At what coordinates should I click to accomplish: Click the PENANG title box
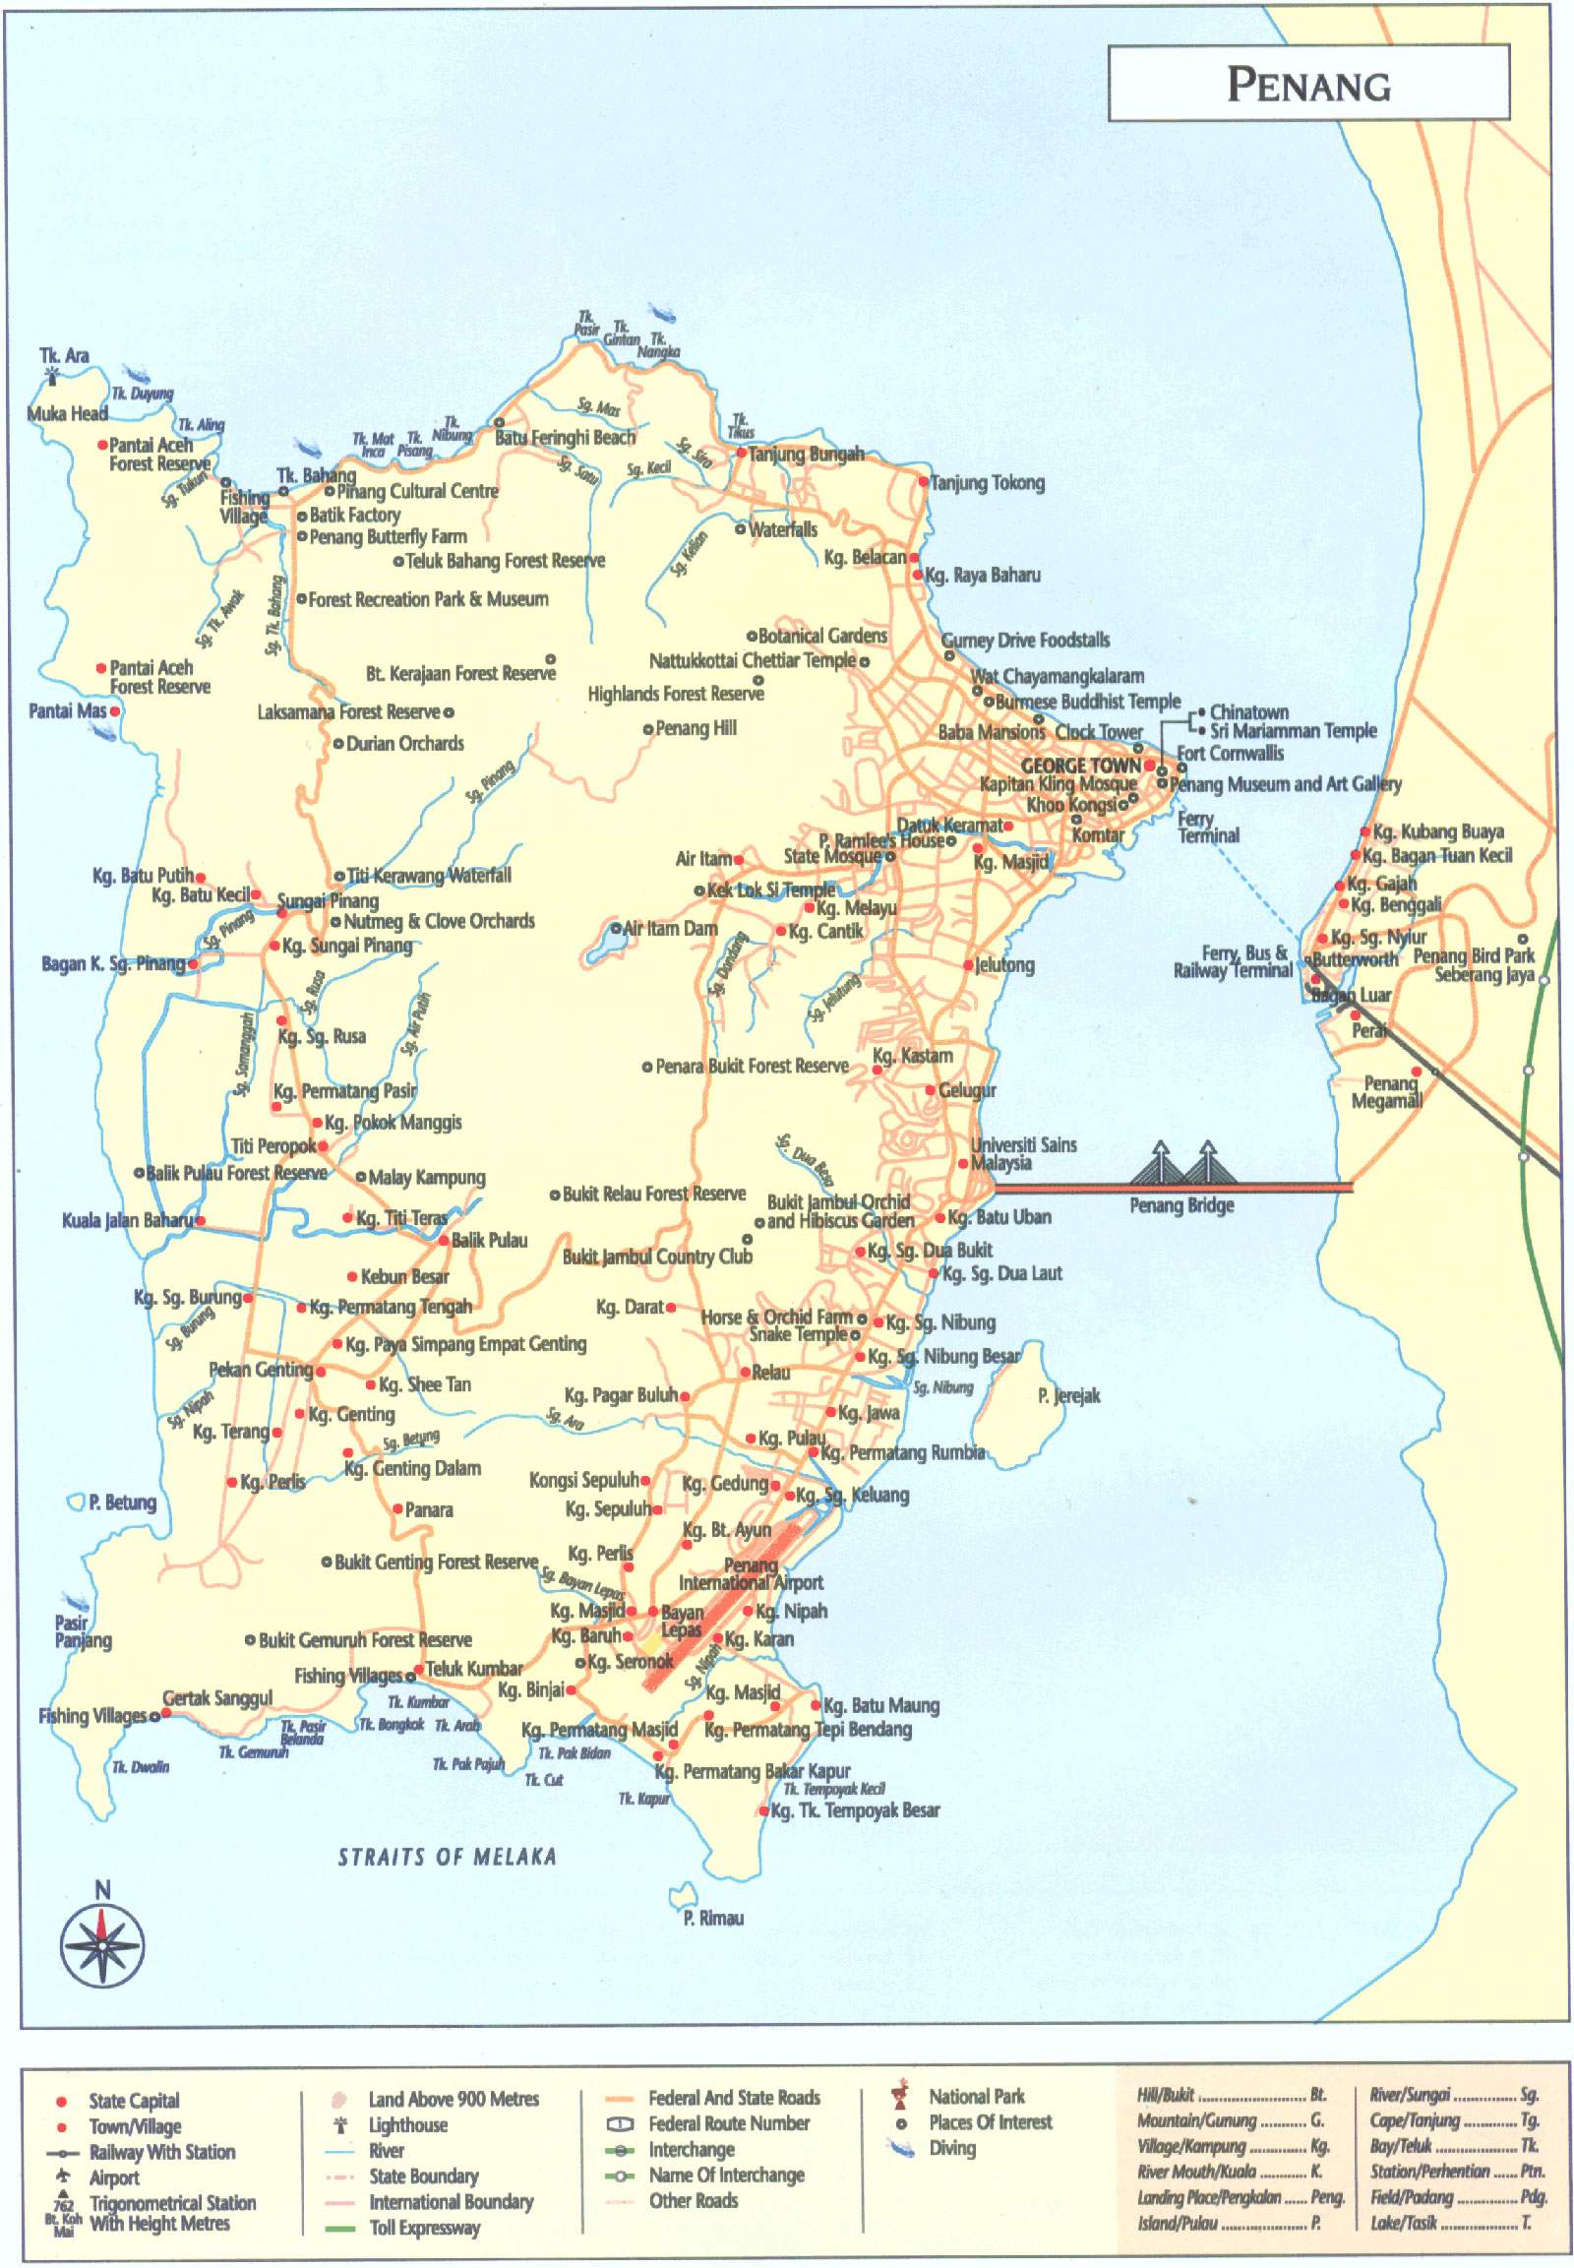point(1307,84)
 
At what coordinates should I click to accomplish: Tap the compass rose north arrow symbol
point(102,1944)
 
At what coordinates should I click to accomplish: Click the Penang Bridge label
point(1181,1204)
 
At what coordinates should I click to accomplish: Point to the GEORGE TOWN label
point(1080,765)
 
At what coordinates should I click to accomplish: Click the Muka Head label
point(67,413)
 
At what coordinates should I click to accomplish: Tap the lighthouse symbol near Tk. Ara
point(52,376)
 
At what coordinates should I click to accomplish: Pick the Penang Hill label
point(696,728)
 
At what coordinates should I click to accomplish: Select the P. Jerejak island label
point(1068,1395)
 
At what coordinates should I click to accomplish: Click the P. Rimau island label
point(713,1917)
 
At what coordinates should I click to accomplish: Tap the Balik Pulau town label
point(489,1240)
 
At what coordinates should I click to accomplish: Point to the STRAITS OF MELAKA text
point(447,1857)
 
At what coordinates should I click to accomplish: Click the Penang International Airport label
point(751,1574)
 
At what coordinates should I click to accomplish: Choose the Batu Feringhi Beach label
point(565,437)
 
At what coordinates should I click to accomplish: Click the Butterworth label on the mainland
point(1354,959)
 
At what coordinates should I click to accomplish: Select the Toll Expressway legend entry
point(424,2227)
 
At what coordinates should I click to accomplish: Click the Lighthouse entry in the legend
point(407,2124)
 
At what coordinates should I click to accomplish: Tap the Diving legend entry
point(951,2148)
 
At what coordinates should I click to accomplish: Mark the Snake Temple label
point(798,1334)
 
